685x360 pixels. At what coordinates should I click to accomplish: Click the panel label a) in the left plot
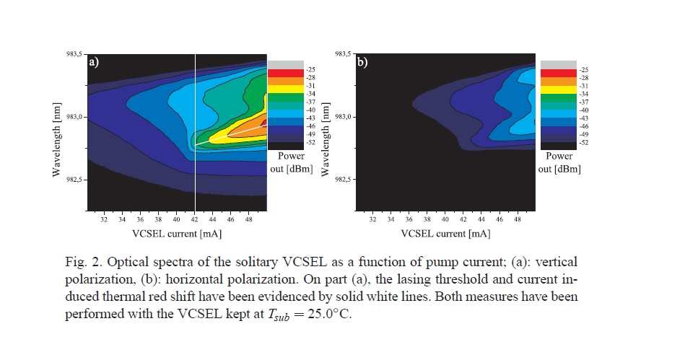click(94, 63)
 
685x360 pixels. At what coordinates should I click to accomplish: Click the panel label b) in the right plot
click(362, 63)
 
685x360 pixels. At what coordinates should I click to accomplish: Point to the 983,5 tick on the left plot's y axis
click(74, 55)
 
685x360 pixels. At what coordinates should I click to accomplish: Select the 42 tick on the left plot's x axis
click(195, 219)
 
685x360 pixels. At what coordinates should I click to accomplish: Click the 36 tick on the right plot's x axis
click(409, 219)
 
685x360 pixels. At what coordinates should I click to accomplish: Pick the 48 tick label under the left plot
click(250, 219)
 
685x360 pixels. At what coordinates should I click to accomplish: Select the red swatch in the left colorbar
click(277, 74)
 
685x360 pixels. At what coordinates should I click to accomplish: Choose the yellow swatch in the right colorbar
click(550, 91)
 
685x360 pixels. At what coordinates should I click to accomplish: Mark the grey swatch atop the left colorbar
click(277, 63)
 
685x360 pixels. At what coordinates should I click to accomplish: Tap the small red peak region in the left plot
click(264, 123)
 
